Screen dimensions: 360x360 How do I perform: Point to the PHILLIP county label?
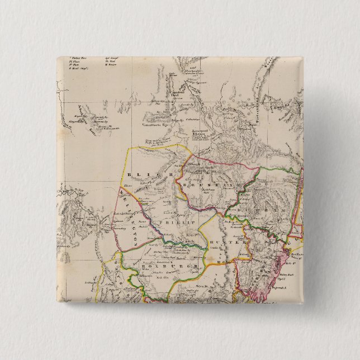[x=173, y=221]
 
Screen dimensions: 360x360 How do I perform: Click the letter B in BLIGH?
[x=129, y=175]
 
